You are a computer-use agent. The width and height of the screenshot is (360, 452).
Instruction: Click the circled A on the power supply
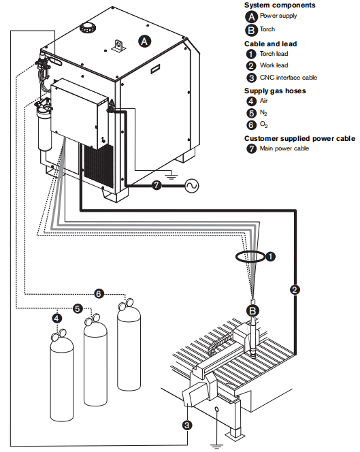click(x=144, y=42)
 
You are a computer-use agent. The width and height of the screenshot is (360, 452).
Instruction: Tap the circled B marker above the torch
click(x=252, y=310)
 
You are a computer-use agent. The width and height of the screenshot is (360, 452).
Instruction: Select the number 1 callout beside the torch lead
click(x=270, y=257)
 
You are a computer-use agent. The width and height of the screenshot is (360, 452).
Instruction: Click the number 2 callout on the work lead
click(x=295, y=290)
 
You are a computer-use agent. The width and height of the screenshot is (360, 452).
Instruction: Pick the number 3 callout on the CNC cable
click(x=187, y=425)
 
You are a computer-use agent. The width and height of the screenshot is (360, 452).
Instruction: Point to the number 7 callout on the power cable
click(x=157, y=185)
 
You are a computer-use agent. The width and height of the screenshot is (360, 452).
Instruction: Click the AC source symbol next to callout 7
click(x=192, y=186)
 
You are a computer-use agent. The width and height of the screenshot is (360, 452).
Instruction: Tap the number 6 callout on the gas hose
click(x=99, y=294)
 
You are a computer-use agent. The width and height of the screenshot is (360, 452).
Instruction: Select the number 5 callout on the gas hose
click(x=78, y=309)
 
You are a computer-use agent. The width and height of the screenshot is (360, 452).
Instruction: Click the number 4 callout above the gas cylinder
click(x=56, y=319)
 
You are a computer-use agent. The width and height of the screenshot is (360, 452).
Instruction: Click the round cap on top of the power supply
click(x=86, y=28)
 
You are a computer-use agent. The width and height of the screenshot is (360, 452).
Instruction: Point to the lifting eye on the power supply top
click(x=118, y=46)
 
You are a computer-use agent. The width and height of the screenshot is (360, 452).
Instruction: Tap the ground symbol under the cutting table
click(x=217, y=447)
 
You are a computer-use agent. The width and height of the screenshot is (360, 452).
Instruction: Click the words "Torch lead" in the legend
click(x=274, y=54)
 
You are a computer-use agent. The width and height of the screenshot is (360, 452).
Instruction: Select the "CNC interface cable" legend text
click(x=289, y=78)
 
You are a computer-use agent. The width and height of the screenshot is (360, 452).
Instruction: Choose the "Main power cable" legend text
click(x=284, y=148)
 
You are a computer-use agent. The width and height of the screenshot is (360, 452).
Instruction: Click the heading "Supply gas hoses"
click(x=275, y=91)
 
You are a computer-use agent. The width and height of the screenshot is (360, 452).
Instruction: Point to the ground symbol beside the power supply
click(x=171, y=175)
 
